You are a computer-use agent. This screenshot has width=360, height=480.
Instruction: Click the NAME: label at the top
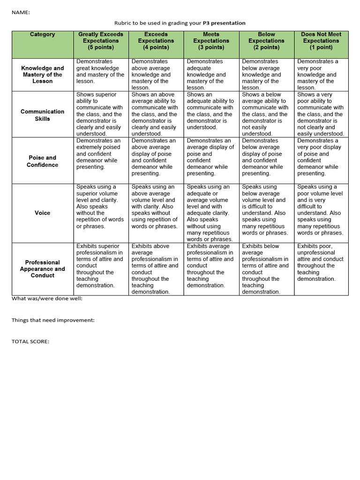click(x=21, y=13)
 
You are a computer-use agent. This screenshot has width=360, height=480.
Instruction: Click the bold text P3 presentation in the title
click(x=224, y=23)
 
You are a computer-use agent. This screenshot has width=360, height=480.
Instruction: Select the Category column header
click(x=42, y=34)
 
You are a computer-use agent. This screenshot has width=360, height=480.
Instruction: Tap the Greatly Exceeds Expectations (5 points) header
click(x=101, y=41)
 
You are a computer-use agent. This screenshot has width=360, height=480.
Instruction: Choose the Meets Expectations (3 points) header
click(x=211, y=41)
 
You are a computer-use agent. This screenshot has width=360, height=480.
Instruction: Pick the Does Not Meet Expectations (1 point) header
click(x=321, y=41)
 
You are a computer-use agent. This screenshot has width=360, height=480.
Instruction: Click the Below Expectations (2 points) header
click(x=266, y=41)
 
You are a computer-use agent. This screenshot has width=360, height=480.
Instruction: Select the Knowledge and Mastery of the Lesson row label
click(x=42, y=75)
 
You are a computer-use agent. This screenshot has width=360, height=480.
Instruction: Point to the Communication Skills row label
click(x=42, y=115)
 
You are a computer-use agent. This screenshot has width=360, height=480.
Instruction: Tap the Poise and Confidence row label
click(x=42, y=161)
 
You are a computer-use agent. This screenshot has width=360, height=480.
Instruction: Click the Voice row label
click(x=42, y=213)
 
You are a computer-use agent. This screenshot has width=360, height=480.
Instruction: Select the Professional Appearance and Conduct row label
click(x=42, y=269)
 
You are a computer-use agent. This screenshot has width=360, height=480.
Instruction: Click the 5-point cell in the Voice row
click(x=101, y=207)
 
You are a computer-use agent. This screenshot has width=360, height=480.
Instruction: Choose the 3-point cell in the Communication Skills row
click(x=211, y=111)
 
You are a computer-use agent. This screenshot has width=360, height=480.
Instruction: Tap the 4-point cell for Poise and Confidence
click(x=156, y=157)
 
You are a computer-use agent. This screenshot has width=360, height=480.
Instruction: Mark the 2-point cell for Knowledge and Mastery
click(x=266, y=75)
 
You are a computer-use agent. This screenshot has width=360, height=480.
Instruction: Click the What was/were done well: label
click(x=47, y=299)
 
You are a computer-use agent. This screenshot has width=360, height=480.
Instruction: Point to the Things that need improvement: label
click(x=53, y=320)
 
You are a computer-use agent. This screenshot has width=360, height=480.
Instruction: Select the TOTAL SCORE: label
click(x=30, y=341)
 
